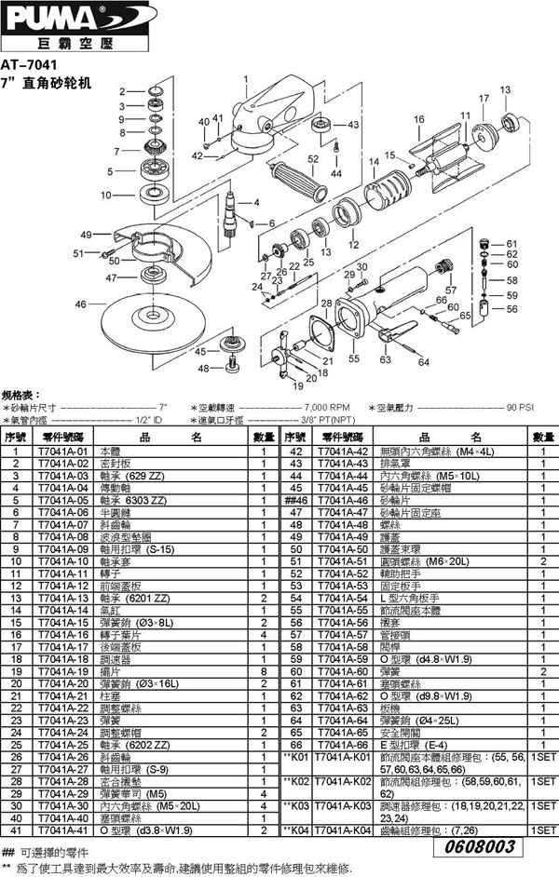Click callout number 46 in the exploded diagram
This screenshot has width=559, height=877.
[81, 304]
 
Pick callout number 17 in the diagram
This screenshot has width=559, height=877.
[484, 98]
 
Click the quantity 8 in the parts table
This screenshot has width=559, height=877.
[264, 670]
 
